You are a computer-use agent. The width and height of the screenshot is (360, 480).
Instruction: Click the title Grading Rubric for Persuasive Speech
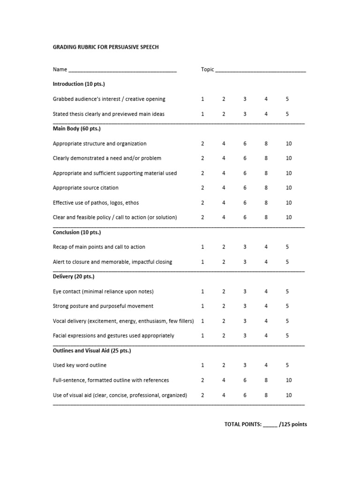(106, 47)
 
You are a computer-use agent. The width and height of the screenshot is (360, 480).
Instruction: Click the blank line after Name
(122, 70)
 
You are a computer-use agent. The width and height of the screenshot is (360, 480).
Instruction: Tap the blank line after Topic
(261, 70)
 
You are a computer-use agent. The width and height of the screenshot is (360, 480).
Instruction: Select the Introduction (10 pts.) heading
(79, 84)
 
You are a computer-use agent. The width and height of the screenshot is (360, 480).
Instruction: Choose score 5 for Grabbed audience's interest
(287, 99)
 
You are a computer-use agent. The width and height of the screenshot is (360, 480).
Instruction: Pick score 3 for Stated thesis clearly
(245, 114)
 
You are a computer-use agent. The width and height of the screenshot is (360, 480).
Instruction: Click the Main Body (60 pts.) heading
(77, 128)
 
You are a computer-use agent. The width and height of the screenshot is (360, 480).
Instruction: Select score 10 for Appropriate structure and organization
(289, 143)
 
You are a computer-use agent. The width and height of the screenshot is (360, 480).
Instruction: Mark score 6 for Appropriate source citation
(245, 187)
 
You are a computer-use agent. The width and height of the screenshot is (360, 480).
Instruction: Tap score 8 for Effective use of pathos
(266, 202)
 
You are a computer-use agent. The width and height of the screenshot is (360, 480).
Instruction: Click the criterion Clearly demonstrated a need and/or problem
(107, 158)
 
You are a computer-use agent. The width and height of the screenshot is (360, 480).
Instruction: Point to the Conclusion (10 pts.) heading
(77, 232)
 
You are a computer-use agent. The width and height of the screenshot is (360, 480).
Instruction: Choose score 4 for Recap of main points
(266, 247)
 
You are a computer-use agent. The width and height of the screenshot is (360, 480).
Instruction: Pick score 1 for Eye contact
(202, 292)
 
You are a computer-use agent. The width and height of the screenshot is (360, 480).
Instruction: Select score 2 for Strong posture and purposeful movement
(224, 306)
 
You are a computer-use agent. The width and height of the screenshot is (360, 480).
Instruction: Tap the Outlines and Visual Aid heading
(92, 351)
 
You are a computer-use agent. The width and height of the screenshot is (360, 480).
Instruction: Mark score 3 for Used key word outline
(245, 365)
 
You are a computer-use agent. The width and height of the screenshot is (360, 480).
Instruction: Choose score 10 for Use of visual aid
(289, 395)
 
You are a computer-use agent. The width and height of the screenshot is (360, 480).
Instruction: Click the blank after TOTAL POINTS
(270, 425)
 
